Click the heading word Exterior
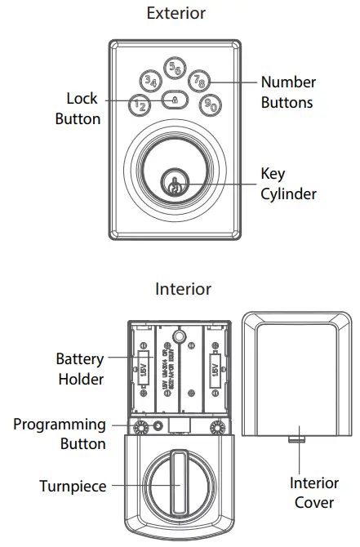coord(176,13)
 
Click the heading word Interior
coord(183,289)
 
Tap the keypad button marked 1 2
coord(140,105)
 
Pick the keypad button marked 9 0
coord(210,105)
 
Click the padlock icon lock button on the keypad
coord(175,100)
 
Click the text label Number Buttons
coord(287,92)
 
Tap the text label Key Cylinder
coord(287,184)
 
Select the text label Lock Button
coord(78,109)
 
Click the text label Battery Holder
coord(80,369)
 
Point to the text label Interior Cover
coord(314,493)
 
